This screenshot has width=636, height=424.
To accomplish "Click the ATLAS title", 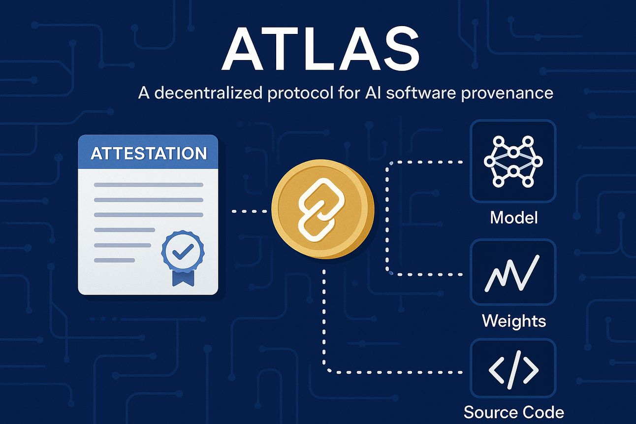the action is pyautogui.click(x=320, y=49).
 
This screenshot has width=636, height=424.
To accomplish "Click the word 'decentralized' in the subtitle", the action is pyautogui.click(x=208, y=93).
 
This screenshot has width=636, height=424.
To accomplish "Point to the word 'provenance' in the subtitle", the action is pyautogui.click(x=507, y=94).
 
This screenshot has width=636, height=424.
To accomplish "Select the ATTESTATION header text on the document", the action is pyautogui.click(x=149, y=153).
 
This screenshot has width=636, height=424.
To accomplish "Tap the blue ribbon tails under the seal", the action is pyautogui.click(x=183, y=278).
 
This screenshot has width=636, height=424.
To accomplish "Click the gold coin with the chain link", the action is pyautogui.click(x=322, y=209).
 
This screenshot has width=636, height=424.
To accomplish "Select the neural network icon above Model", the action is pyautogui.click(x=513, y=162).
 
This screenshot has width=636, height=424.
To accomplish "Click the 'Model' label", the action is pyautogui.click(x=513, y=218).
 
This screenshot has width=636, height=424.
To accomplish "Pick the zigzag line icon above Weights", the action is pyautogui.click(x=512, y=274).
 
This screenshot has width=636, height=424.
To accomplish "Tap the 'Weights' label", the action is pyautogui.click(x=513, y=321).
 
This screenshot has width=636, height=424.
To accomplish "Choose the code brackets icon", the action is pyautogui.click(x=513, y=370).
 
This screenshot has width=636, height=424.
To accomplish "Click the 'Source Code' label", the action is pyautogui.click(x=513, y=412).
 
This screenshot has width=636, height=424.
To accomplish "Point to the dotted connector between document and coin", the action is pyautogui.click(x=249, y=211).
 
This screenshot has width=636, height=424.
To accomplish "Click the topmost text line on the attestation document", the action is pyautogui.click(x=149, y=185).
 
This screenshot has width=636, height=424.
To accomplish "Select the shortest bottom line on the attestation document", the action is pyautogui.click(x=114, y=260).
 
